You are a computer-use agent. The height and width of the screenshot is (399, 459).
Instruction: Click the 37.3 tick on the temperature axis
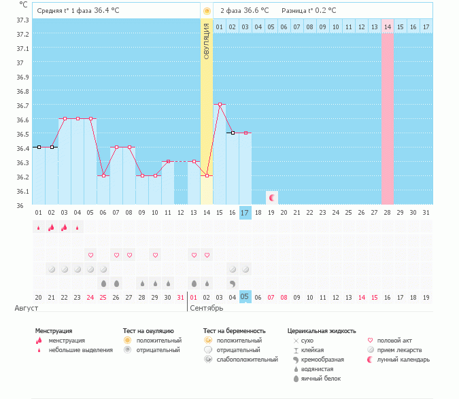point(22,20)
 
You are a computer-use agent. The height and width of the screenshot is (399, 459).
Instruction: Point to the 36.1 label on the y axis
point(22,191)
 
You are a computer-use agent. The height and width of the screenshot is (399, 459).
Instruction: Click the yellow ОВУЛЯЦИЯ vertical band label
point(207,41)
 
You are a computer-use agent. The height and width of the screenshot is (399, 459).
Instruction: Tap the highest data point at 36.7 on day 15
point(220,105)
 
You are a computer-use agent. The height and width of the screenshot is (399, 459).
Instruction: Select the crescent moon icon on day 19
point(272,198)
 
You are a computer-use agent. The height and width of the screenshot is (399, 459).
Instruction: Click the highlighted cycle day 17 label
point(245,213)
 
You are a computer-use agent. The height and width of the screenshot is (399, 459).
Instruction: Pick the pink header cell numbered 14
point(388,27)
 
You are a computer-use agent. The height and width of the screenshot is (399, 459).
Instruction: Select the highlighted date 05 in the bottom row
point(245,297)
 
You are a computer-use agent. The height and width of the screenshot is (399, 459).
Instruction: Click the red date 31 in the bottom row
point(180,297)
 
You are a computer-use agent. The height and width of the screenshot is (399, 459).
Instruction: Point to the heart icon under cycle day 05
point(90,255)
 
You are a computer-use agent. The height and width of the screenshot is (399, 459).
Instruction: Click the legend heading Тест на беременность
point(234,331)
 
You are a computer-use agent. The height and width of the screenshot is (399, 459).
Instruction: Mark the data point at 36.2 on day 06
point(103,175)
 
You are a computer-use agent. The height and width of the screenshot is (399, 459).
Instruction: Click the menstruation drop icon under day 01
point(39,228)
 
